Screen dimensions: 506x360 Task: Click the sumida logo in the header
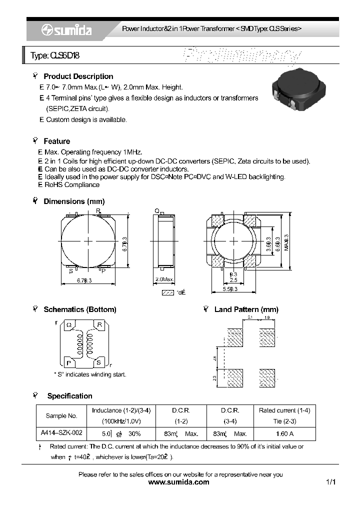pos(66,30)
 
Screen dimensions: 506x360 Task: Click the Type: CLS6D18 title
pos(55,56)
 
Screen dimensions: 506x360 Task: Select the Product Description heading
pos(78,76)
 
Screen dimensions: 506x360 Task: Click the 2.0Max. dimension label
pos(164,279)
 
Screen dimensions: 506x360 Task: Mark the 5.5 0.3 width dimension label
pos(233,289)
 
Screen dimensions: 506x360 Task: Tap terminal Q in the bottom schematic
pos(69,325)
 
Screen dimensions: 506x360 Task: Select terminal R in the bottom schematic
pos(99,325)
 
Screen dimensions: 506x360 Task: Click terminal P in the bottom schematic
pos(69,361)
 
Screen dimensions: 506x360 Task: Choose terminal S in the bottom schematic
pos(99,361)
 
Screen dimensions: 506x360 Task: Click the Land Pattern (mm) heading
pos(246,309)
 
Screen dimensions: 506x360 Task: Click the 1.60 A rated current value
pos(283,433)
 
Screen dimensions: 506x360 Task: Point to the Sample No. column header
pos(61,415)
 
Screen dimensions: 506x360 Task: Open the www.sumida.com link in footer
pos(179,482)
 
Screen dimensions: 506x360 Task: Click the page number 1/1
pos(330,482)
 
